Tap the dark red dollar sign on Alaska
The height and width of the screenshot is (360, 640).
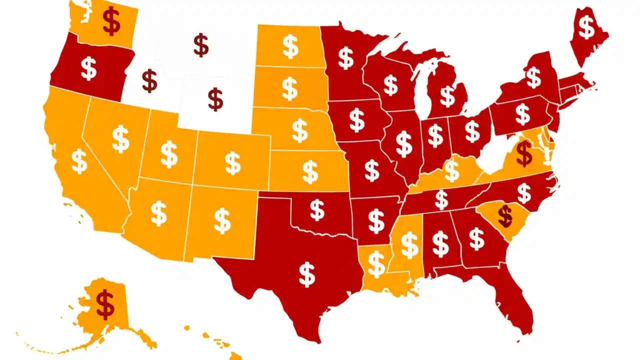click(105, 304)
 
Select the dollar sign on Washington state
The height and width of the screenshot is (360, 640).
click(111, 21)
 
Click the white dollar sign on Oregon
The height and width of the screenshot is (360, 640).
click(89, 69)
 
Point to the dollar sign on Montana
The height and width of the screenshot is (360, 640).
click(201, 45)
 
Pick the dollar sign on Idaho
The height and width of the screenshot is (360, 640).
click(149, 81)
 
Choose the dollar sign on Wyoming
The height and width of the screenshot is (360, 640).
click(215, 99)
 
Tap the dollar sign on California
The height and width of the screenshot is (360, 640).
click(79, 161)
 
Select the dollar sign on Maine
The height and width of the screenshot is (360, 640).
click(586, 28)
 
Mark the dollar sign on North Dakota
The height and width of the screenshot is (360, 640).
click(290, 46)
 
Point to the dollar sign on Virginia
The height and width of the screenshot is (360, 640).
click(524, 153)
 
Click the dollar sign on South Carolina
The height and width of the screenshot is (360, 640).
click(505, 215)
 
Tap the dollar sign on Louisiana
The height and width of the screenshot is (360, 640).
click(376, 264)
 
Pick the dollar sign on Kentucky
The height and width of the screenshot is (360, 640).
click(452, 170)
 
